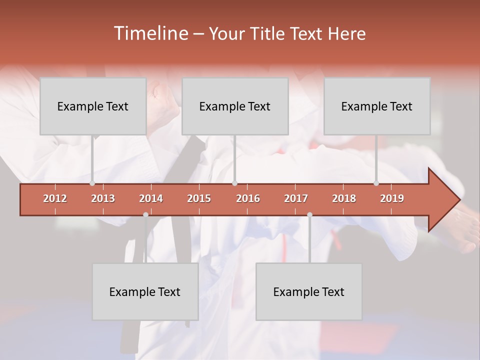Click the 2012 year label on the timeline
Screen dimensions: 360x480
click(55, 198)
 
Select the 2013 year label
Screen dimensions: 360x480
click(103, 198)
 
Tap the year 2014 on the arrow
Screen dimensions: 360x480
click(151, 198)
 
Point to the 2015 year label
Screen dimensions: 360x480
click(199, 198)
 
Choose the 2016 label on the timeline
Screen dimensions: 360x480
click(248, 198)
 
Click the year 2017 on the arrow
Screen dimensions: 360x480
click(296, 198)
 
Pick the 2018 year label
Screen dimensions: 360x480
click(344, 198)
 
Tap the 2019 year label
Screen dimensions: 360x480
click(392, 198)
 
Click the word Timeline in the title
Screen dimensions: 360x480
click(150, 33)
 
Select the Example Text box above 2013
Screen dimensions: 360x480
click(93, 106)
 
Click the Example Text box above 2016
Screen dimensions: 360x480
click(235, 106)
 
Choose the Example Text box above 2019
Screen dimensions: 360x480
click(377, 106)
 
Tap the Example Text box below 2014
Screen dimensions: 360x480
click(145, 291)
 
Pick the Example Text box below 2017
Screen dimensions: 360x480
click(309, 291)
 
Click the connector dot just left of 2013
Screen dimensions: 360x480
click(92, 183)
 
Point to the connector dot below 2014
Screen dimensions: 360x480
click(145, 214)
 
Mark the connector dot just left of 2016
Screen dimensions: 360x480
click(234, 183)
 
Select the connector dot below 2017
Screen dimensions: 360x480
click(309, 214)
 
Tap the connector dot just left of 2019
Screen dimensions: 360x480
click(376, 183)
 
